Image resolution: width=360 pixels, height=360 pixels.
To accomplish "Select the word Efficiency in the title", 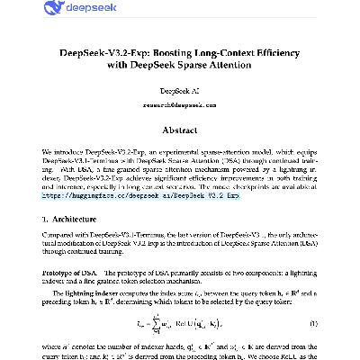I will [280, 52].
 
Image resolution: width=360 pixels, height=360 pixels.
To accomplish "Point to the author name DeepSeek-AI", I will [180, 93].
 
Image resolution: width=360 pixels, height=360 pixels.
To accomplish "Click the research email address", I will [180, 105].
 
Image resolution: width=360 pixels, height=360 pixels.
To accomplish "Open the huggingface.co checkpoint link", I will [144, 193].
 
